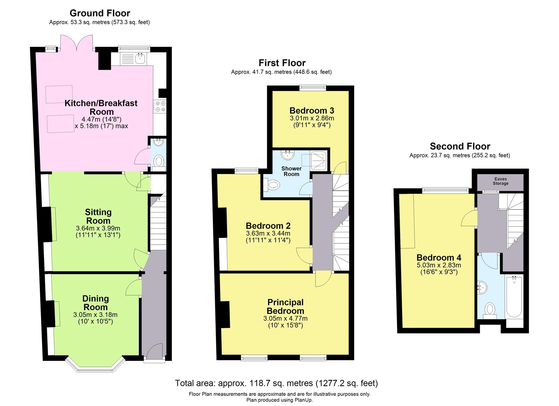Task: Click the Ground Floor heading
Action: [100, 13]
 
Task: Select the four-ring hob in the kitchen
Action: [160, 106]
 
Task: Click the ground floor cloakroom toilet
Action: [159, 162]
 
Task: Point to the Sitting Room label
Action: [98, 216]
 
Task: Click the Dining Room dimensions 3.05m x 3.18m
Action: [95, 315]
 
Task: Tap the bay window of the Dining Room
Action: [95, 365]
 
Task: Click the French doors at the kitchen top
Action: [77, 43]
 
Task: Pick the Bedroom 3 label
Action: [312, 111]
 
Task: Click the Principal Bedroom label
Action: [285, 307]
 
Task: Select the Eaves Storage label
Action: [500, 181]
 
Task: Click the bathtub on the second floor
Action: [514, 297]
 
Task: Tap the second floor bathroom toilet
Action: [490, 309]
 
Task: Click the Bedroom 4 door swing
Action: [469, 219]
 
